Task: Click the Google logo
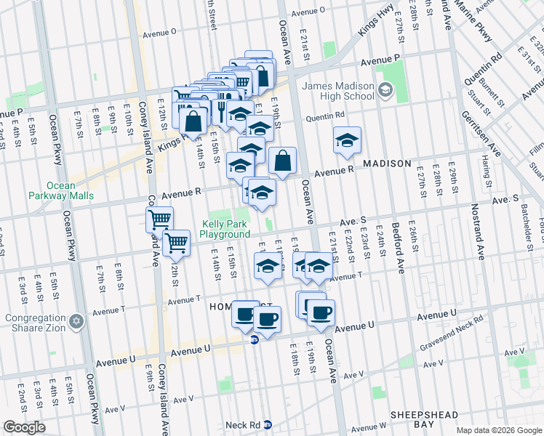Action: (x=24, y=427)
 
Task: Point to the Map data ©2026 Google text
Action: (x=499, y=430)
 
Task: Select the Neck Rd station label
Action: (x=243, y=424)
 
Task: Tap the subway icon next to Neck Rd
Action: (x=267, y=424)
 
